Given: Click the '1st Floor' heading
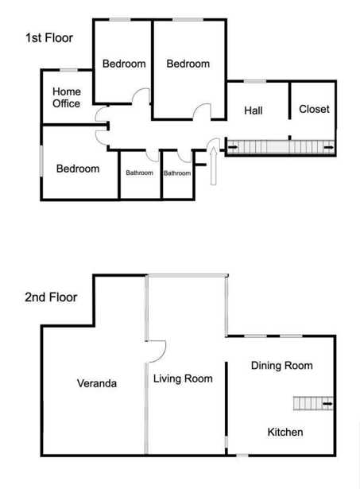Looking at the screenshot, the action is (x=49, y=37).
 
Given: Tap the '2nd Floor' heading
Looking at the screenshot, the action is (x=51, y=297).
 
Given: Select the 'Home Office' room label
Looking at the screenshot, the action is (x=67, y=97).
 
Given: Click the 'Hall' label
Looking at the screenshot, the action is (x=253, y=110).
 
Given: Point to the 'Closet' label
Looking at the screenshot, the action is (x=314, y=109).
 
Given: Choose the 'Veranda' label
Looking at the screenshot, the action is (x=97, y=383).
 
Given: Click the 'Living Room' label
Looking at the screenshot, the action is (x=183, y=378).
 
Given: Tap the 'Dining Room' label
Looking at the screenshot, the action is (x=282, y=365).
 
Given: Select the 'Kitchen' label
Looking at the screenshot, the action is (x=285, y=432).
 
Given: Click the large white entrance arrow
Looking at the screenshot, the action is (x=214, y=166).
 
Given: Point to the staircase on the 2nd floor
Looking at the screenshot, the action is (x=313, y=404).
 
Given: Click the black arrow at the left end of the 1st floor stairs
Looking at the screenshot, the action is (x=233, y=147).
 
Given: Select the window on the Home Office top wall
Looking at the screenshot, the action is (x=68, y=70).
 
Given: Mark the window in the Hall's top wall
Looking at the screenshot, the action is (x=255, y=82).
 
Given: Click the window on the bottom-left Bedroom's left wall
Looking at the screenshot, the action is (x=41, y=161).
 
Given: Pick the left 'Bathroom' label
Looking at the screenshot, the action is (x=139, y=173).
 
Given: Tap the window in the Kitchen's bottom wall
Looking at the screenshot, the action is (x=242, y=456).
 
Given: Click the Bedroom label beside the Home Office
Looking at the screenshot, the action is (x=124, y=64).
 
